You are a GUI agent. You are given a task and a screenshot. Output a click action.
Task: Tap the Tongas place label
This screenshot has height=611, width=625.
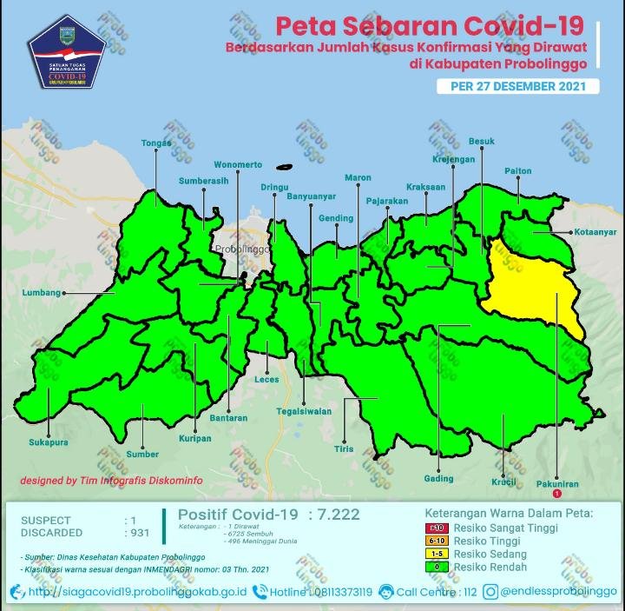coord(155,145)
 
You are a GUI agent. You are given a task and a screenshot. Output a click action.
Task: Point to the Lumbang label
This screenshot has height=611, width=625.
coord(41,293)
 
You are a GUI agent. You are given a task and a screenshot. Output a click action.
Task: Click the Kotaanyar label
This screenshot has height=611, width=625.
coord(595,232)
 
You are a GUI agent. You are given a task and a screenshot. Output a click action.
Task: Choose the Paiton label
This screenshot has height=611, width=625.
coord(517,171)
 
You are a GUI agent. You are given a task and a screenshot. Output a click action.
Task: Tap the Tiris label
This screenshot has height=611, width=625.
coord(344,449)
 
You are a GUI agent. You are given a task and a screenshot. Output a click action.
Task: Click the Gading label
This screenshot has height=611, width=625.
coord(438,479)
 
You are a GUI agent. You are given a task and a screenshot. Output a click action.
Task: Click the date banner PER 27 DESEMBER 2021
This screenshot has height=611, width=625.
coord(518,86)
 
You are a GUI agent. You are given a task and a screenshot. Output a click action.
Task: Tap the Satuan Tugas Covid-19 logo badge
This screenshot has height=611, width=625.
coord(67,50)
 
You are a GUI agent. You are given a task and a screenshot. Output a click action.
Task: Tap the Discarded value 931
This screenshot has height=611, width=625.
coord(140,533)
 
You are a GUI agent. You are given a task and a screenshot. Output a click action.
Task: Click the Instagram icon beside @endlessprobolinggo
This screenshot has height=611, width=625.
coord(491,592)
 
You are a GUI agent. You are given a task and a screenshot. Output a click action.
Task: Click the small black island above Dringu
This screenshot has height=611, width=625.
coord(283,168)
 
